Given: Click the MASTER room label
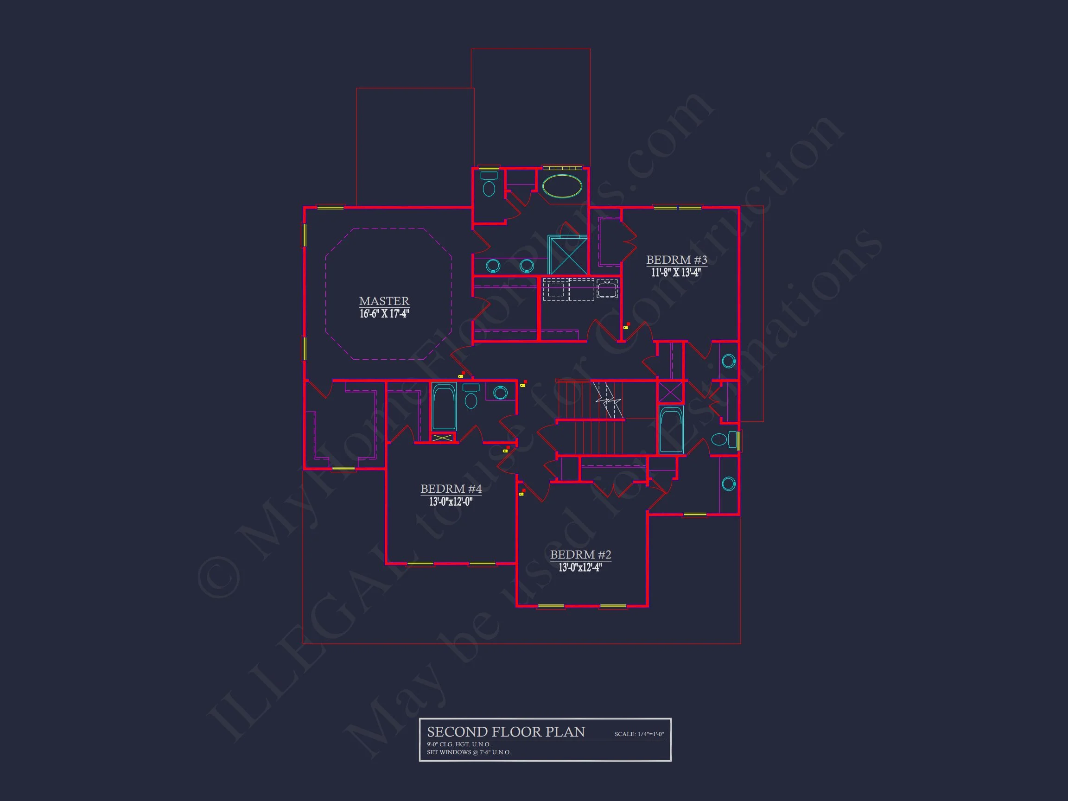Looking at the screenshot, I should (384, 301).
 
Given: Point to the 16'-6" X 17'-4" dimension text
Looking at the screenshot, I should (384, 314).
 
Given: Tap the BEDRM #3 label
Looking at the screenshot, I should (676, 260).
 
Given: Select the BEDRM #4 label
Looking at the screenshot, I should (451, 489).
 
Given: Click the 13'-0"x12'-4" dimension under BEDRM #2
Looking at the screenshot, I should (580, 567).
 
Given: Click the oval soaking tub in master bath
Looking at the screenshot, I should (562, 186).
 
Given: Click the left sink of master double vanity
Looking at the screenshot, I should (492, 265).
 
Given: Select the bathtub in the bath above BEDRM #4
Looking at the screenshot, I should (443, 407).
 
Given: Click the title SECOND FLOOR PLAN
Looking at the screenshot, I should (506, 732).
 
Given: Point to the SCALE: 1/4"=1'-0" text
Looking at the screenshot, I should (639, 734).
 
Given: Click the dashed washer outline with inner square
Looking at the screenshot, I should (556, 289).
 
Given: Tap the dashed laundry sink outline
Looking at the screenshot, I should (607, 289).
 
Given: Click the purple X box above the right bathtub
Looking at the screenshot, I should (671, 392).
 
